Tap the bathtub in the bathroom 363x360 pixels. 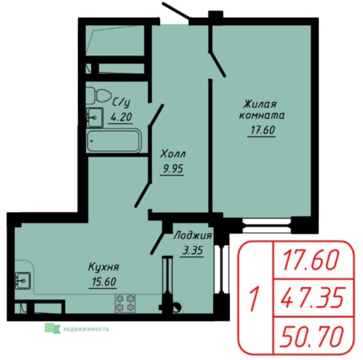tap(114, 141)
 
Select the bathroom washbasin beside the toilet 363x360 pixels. tap(95, 117)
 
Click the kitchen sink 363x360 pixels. tap(23, 280)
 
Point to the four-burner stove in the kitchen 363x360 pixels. tap(125, 304)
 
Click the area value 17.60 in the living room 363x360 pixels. tap(262, 130)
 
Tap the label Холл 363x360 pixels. tap(173, 154)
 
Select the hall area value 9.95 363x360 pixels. tap(172, 169)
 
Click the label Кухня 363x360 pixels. tap(103, 267)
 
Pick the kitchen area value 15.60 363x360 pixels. tap(103, 282)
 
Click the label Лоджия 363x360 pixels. tap(192, 236)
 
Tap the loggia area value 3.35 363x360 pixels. tap(192, 250)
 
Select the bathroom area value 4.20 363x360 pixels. tap(121, 117)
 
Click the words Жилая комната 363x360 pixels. tap(261, 109)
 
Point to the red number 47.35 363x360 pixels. tap(313, 297)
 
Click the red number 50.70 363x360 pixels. tap(312, 337)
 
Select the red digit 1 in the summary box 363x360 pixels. tap(254, 297)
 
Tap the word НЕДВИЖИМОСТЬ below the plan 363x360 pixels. tap(86, 329)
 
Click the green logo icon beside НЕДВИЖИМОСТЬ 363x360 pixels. tap(52, 328)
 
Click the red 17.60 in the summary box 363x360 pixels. tap(310, 260)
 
